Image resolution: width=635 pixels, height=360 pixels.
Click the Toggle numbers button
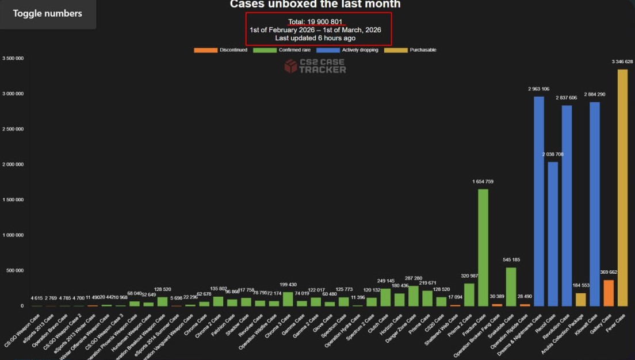point(48,14)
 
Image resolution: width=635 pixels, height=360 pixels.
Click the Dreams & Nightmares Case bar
point(539,201)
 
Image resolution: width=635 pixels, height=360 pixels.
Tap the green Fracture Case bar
point(483,247)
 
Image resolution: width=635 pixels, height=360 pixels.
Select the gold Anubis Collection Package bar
point(581,300)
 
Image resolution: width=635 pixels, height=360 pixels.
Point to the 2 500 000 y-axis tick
point(13,129)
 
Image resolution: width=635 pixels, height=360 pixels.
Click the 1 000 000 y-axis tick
point(13,235)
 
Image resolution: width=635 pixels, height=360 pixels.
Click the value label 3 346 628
point(622,62)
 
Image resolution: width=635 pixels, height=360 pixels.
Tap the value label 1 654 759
point(483,182)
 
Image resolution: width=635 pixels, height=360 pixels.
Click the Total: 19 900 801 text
point(315,22)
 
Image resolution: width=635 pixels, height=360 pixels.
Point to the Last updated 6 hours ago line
point(315,38)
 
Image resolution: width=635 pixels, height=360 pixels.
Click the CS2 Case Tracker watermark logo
point(315,66)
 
